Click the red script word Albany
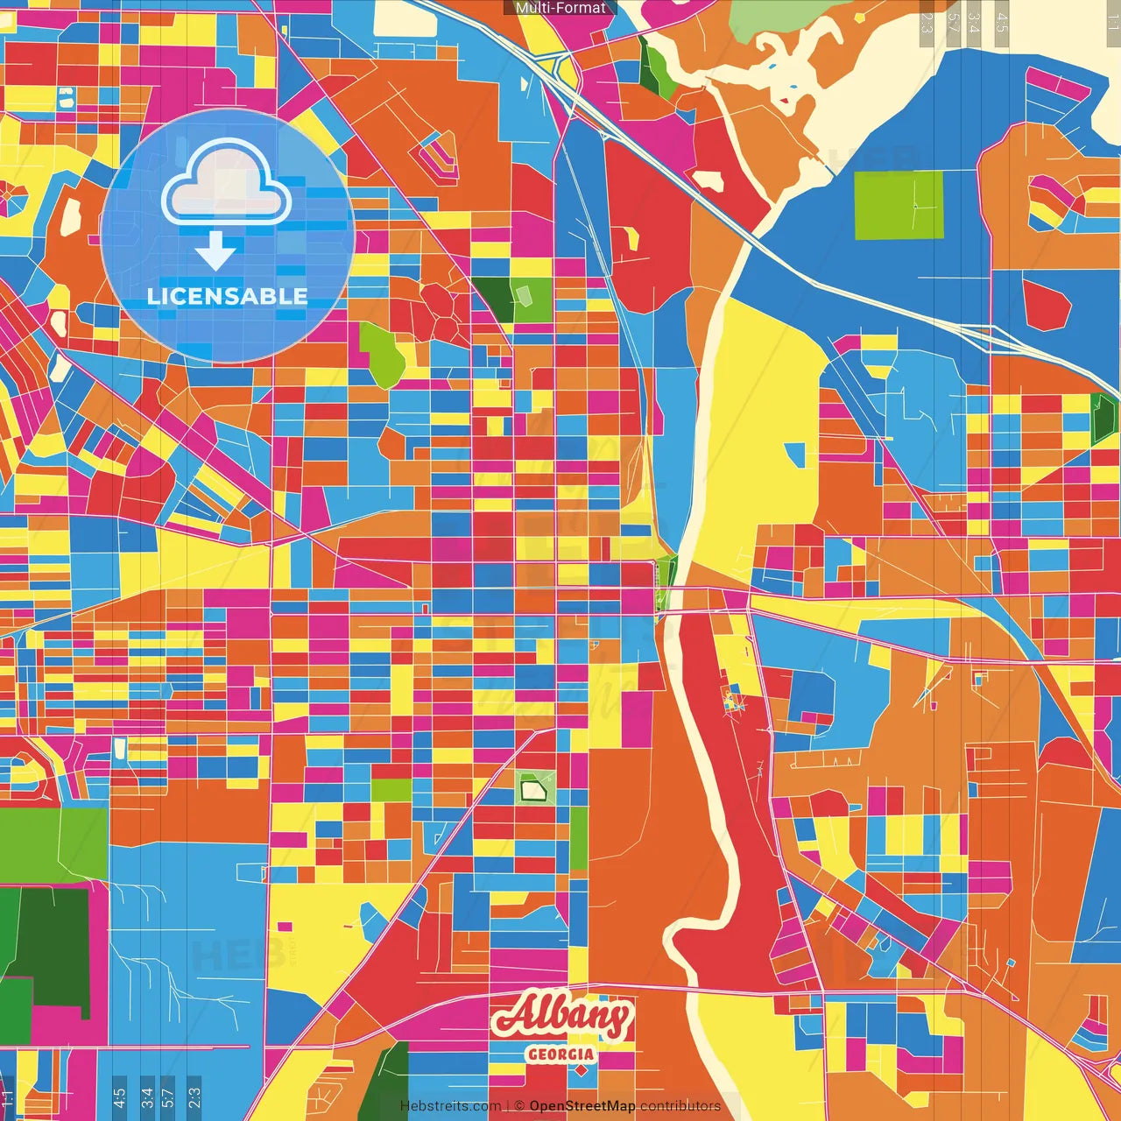click(561, 1016)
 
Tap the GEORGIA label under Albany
click(560, 1054)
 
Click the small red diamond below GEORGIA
click(581, 1070)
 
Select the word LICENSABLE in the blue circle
click(227, 296)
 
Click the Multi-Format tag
click(560, 8)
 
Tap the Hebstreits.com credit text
click(450, 1106)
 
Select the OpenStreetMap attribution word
click(582, 1106)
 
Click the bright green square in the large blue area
click(899, 205)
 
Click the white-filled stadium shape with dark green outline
click(532, 790)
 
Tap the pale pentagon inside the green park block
click(523, 295)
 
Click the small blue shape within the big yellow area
click(795, 454)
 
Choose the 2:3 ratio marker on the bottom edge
click(194, 1096)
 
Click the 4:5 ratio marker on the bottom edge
click(119, 1096)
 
